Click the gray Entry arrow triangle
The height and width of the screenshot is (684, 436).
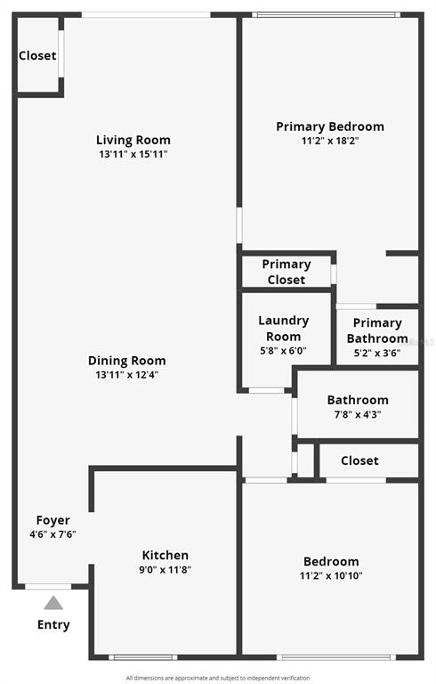point(53,603)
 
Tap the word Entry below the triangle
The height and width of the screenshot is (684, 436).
point(53,624)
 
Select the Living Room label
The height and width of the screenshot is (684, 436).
point(133,140)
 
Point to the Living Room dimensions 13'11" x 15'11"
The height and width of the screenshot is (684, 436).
point(133,154)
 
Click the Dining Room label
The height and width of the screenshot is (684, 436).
point(127,361)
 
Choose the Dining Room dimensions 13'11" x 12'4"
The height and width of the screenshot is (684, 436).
point(127,375)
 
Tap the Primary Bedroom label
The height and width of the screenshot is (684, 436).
point(330,127)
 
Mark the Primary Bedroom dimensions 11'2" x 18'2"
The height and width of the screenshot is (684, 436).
point(330,141)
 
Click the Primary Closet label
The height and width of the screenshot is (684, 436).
point(287,272)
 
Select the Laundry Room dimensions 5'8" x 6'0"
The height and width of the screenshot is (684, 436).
point(283,351)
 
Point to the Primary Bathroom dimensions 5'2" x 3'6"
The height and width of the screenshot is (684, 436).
point(377,353)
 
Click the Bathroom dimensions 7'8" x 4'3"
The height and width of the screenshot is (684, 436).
point(358,414)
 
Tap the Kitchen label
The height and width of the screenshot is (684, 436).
point(166,556)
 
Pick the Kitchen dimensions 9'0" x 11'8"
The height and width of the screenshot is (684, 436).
point(166,569)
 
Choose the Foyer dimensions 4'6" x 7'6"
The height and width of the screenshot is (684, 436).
point(52,534)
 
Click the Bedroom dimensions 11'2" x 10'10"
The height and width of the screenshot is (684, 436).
point(331,575)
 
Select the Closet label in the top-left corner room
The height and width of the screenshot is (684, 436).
point(37,55)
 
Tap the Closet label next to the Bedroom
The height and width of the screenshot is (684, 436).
point(359,460)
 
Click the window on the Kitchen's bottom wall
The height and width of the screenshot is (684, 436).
point(143,657)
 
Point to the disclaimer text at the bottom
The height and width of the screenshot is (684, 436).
point(218,678)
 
